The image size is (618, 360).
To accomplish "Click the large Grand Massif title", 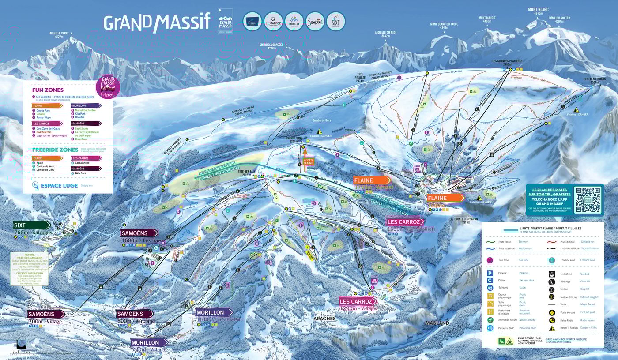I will click(x=157, y=22).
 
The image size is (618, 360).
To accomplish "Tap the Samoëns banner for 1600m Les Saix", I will click(x=139, y=233).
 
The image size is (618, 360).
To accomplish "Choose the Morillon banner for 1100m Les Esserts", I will click(x=214, y=312).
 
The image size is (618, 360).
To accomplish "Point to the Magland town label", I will click(x=437, y=323).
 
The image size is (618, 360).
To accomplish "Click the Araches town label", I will click(x=324, y=318).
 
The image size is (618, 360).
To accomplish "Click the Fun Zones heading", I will click(x=48, y=90).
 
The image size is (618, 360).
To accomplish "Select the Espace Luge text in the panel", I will click(x=60, y=185).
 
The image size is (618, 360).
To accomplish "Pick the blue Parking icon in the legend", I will click(x=490, y=273).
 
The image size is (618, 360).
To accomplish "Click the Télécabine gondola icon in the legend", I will click(x=551, y=274).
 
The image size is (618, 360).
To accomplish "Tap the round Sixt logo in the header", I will click(x=335, y=21).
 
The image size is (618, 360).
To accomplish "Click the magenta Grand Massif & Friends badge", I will click(x=108, y=87).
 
